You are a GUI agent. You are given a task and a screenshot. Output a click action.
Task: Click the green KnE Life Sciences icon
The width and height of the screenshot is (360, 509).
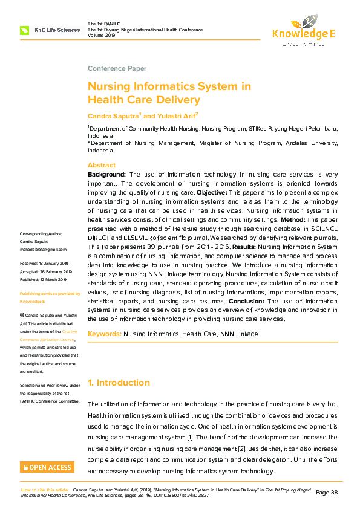tap(25, 30)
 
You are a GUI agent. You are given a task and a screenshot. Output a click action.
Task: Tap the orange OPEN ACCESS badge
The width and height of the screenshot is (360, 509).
tap(47, 467)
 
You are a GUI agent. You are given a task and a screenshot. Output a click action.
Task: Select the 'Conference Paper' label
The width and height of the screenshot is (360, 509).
tap(117, 68)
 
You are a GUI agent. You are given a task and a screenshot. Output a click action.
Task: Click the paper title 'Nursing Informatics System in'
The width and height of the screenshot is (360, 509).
tap(169, 86)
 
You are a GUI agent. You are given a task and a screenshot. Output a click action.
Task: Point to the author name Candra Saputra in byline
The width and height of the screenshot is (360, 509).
tap(113, 115)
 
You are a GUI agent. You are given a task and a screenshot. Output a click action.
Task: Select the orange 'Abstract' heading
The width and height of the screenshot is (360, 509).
tap(102, 165)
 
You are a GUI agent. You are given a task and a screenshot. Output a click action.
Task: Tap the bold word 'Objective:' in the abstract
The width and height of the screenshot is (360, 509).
tap(212, 192)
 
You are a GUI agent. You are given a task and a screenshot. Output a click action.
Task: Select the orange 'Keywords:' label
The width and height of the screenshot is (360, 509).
tap(105, 334)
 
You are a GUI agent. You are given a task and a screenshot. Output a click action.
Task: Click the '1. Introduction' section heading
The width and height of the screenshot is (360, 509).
tap(119, 383)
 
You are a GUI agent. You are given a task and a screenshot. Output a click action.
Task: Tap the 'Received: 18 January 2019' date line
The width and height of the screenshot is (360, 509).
tap(45, 264)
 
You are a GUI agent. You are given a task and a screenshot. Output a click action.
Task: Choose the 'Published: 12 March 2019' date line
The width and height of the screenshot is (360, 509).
tap(44, 279)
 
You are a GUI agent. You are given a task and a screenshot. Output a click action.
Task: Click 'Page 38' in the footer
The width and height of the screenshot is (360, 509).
tap(327, 492)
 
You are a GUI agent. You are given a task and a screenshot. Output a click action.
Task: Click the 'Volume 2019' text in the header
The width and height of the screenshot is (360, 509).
tap(102, 35)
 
